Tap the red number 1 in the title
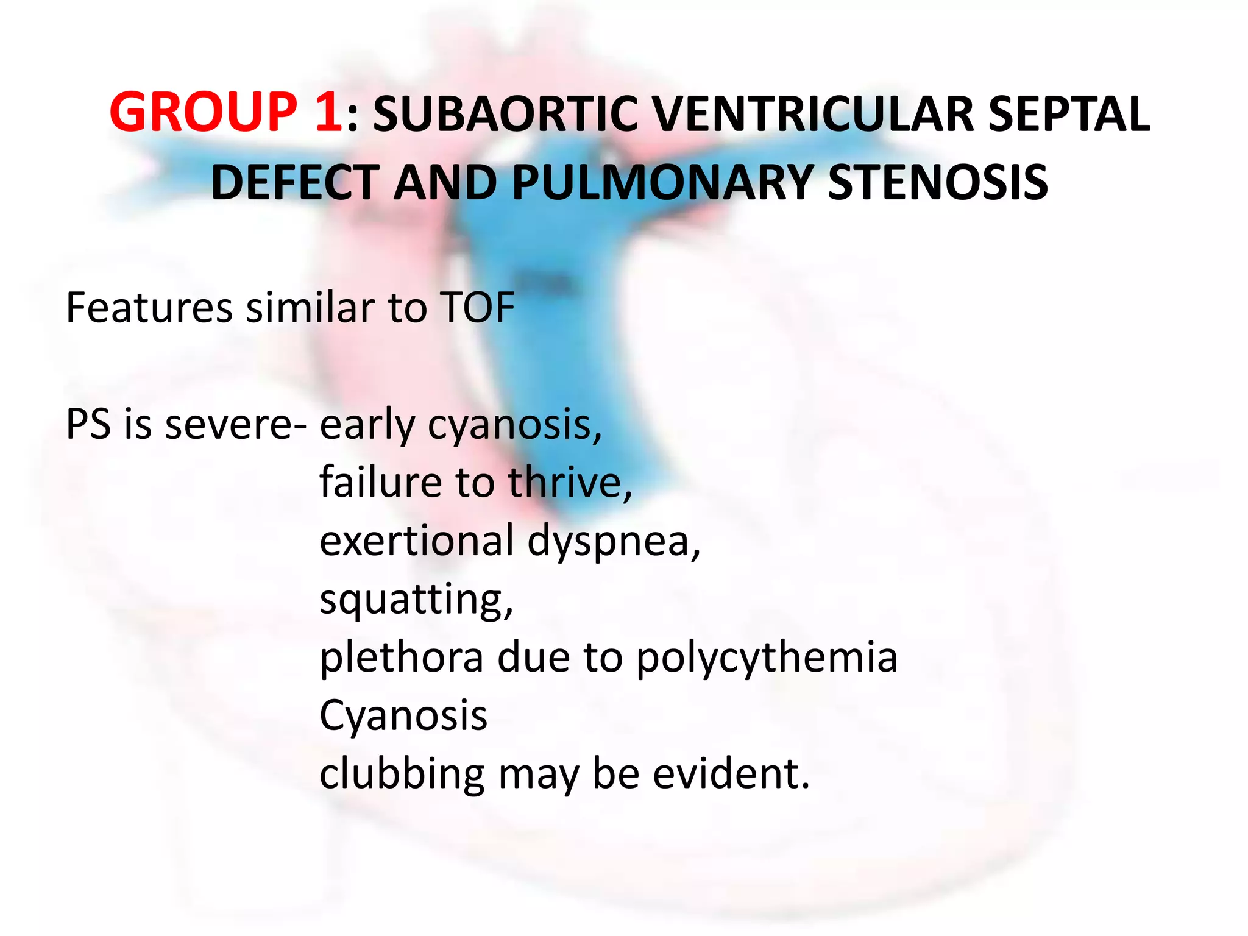click(329, 113)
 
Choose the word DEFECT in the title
click(296, 182)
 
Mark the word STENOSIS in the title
click(938, 182)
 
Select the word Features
click(149, 308)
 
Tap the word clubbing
click(402, 775)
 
